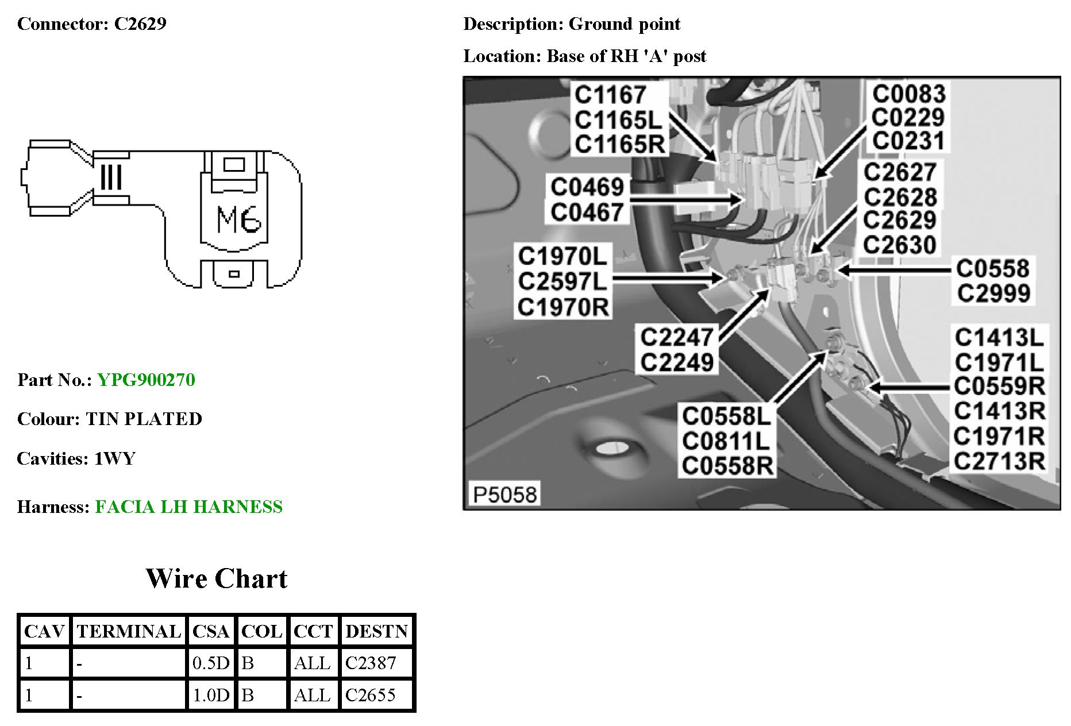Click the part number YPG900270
(x=146, y=380)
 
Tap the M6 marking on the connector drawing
(x=238, y=219)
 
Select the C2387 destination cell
(x=371, y=663)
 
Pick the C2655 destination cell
(x=371, y=695)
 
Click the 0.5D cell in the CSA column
(x=211, y=663)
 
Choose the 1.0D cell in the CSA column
(x=211, y=695)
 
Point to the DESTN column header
(x=376, y=631)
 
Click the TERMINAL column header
(x=129, y=631)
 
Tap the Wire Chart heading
(x=216, y=578)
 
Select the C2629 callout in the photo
(x=899, y=220)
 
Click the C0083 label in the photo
(x=908, y=94)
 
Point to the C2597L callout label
(x=563, y=281)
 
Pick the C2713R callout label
(x=999, y=461)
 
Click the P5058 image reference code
(x=504, y=494)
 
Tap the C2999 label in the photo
(x=993, y=294)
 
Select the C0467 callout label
(x=587, y=213)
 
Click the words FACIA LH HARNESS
(x=188, y=507)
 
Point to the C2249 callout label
(x=677, y=362)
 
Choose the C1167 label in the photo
(x=610, y=95)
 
